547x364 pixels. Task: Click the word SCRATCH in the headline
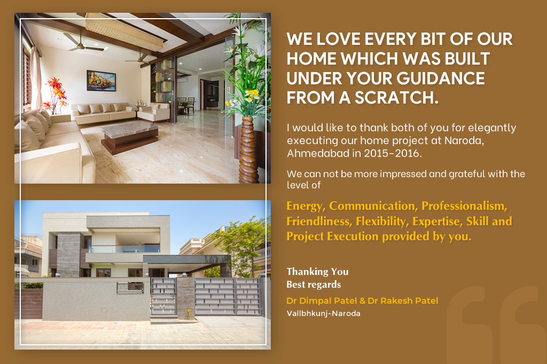tap(397, 98)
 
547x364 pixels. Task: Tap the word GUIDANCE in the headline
tap(441, 78)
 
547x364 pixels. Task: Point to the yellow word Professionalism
tap(464, 206)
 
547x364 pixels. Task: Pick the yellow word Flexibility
tap(381, 221)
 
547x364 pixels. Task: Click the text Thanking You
tap(317, 272)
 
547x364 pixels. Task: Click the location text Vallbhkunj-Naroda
tap(323, 313)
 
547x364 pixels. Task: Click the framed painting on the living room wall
tap(101, 81)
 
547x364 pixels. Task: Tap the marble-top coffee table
tap(130, 137)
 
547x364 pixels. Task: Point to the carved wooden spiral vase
tap(249, 151)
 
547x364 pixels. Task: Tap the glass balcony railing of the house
tap(124, 249)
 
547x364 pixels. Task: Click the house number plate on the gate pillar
tap(185, 284)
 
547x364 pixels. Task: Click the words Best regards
tap(314, 284)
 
